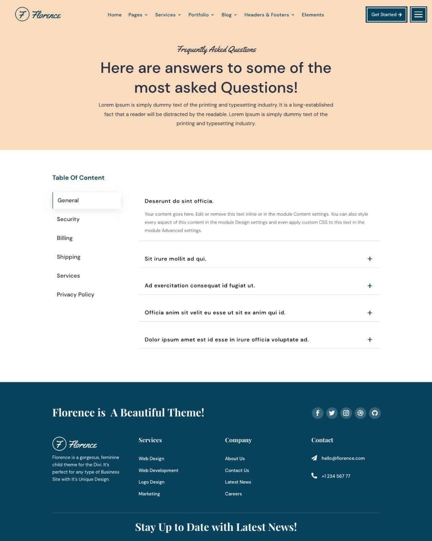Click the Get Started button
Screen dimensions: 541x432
(386, 15)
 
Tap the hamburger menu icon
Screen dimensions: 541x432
(418, 15)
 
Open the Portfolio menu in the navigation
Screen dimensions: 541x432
(201, 15)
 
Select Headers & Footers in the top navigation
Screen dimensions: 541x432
(269, 15)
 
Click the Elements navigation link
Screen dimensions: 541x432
(312, 15)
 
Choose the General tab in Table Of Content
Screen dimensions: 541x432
(86, 201)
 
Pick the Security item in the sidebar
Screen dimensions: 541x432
(68, 219)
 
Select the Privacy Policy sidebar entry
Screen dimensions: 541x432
(75, 295)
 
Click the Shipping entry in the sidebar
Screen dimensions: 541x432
(68, 257)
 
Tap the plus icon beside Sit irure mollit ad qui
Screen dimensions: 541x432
(370, 259)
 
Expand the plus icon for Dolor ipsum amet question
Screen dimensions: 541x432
(370, 340)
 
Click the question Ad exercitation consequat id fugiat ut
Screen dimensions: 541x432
(200, 286)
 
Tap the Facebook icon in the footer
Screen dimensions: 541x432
(318, 413)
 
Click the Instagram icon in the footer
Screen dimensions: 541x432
(346, 413)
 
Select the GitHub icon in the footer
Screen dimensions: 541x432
(375, 413)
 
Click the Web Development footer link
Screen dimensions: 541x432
(158, 470)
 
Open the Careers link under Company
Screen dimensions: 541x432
(233, 494)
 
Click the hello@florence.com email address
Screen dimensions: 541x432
(343, 458)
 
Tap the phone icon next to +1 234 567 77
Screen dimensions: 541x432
(314, 476)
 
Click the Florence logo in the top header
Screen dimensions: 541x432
(38, 15)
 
